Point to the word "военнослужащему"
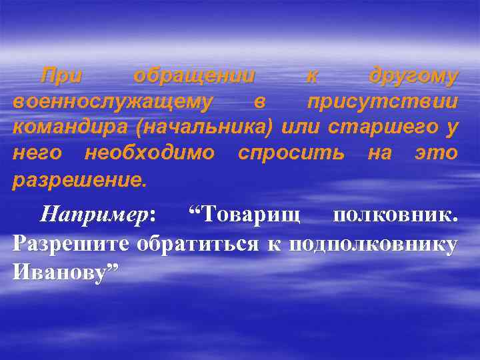point(112,103)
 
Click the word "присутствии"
point(382,103)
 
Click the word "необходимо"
point(150,153)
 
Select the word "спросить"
point(291,153)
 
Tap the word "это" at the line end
point(436,153)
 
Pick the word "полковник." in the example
point(395,216)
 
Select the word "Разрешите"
point(71,244)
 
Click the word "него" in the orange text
point(37,153)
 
